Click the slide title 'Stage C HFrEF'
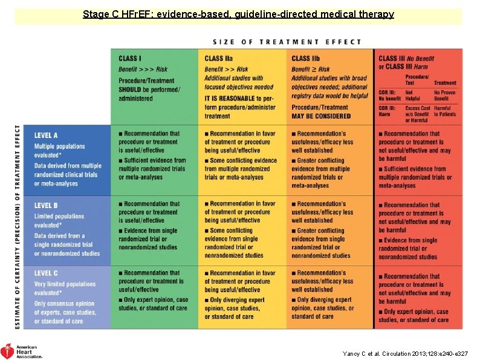(x=238, y=14)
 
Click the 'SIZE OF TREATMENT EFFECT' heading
(x=287, y=42)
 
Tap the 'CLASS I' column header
(x=130, y=58)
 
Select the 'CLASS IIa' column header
(x=219, y=59)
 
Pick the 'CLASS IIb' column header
(x=306, y=59)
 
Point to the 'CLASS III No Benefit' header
(x=406, y=59)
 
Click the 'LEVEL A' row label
(x=47, y=136)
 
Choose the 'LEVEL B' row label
(x=47, y=206)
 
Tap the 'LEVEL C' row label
(x=47, y=273)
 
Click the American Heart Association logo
(x=22, y=350)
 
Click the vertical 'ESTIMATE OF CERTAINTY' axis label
(x=18, y=227)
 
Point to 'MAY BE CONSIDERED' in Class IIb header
(x=321, y=116)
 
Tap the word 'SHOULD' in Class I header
(x=130, y=90)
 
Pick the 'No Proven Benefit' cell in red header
(x=445, y=96)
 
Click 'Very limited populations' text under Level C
(x=65, y=284)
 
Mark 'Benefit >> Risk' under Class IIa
(x=226, y=70)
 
